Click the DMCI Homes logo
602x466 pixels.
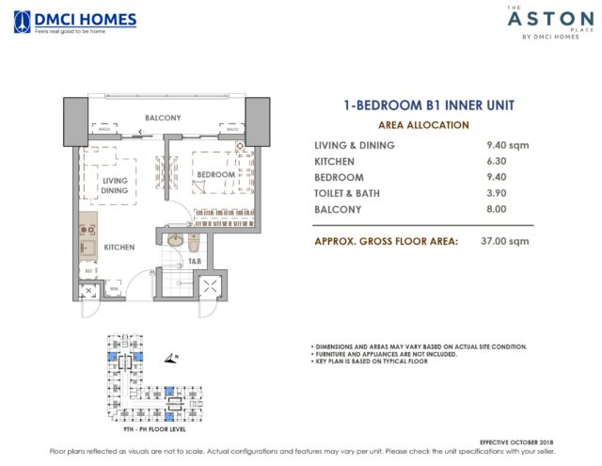click(74, 22)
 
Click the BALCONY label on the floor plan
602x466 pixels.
click(163, 118)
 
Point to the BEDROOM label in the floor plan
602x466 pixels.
click(215, 175)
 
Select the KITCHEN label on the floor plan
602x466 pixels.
click(119, 247)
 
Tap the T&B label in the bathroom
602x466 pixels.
click(195, 261)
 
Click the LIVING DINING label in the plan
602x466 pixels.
click(115, 185)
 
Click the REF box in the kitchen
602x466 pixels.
click(87, 270)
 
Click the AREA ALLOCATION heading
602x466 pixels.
click(423, 124)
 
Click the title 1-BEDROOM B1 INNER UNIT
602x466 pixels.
click(423, 106)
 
